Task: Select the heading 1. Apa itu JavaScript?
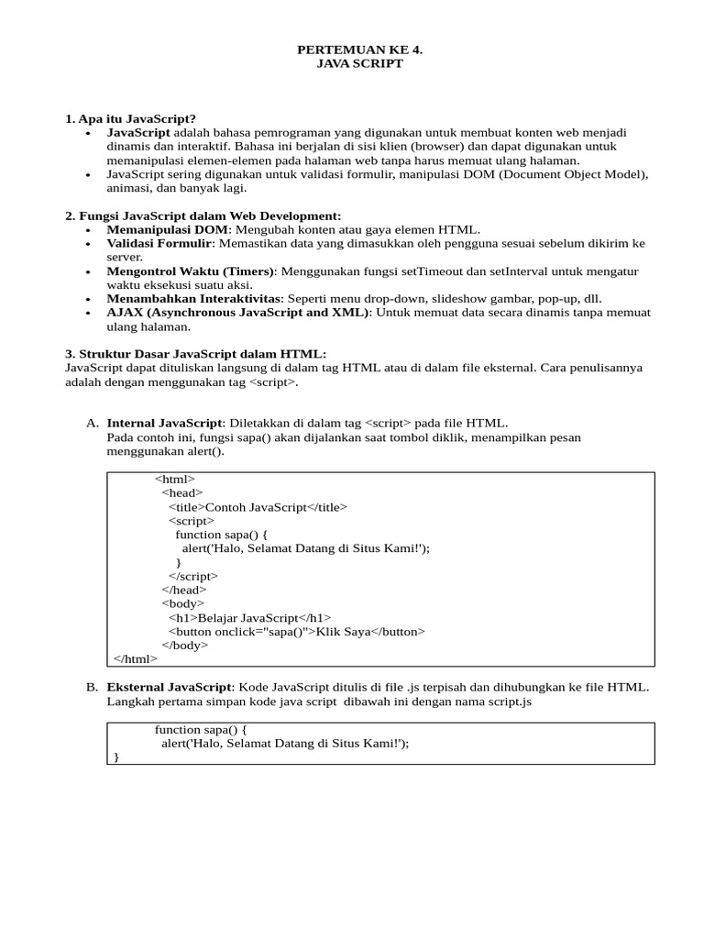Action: pyautogui.click(x=130, y=118)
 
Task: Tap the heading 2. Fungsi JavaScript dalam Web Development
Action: pyautogui.click(x=203, y=215)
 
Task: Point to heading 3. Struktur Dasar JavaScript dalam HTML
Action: pyautogui.click(x=195, y=353)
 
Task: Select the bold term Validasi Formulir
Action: pyautogui.click(x=159, y=243)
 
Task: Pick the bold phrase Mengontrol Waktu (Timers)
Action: pyautogui.click(x=191, y=271)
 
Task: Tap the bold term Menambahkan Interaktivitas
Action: pyautogui.click(x=194, y=298)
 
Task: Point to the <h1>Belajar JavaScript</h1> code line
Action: pyautogui.click(x=249, y=617)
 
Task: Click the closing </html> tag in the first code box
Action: pyautogui.click(x=135, y=658)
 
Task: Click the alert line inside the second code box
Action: pyautogui.click(x=284, y=744)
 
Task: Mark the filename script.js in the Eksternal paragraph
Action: pyautogui.click(x=507, y=701)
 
